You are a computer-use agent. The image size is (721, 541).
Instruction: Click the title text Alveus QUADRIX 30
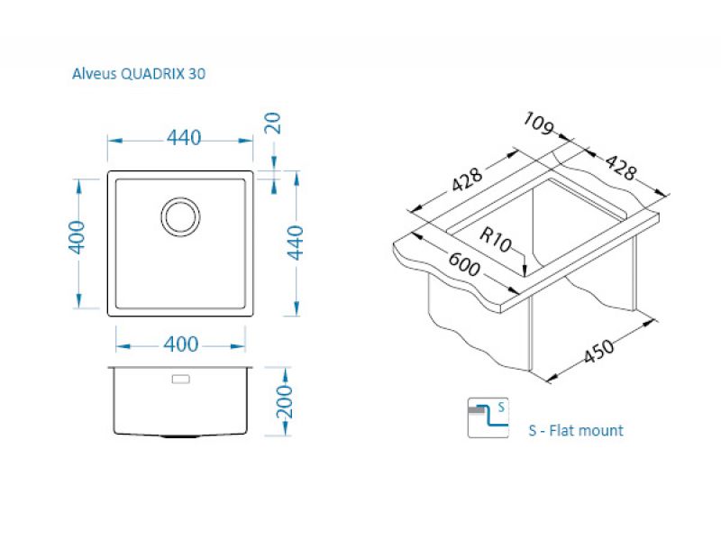coord(139,74)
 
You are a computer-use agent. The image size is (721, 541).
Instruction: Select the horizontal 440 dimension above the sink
coord(184,138)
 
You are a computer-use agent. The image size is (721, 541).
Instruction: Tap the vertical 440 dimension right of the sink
coord(296,243)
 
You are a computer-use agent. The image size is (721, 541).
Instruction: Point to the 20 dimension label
coord(273,123)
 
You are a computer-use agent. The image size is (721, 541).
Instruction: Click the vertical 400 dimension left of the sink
coord(77,237)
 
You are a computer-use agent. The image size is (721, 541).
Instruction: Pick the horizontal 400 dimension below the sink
coord(181,344)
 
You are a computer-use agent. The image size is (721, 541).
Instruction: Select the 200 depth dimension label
coord(285,401)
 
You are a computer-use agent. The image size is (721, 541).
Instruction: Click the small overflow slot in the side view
coord(180,379)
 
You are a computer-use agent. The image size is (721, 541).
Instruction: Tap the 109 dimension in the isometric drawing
coord(539,124)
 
